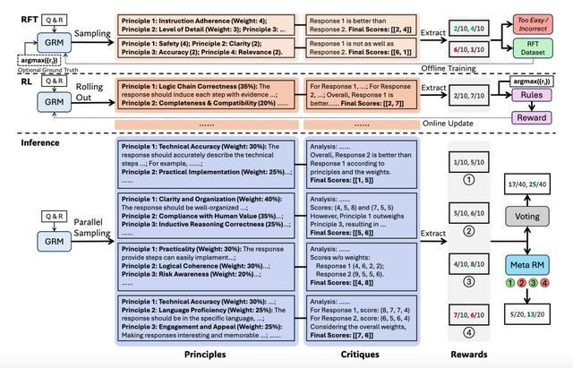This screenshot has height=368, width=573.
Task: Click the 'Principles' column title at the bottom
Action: [x=204, y=354]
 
